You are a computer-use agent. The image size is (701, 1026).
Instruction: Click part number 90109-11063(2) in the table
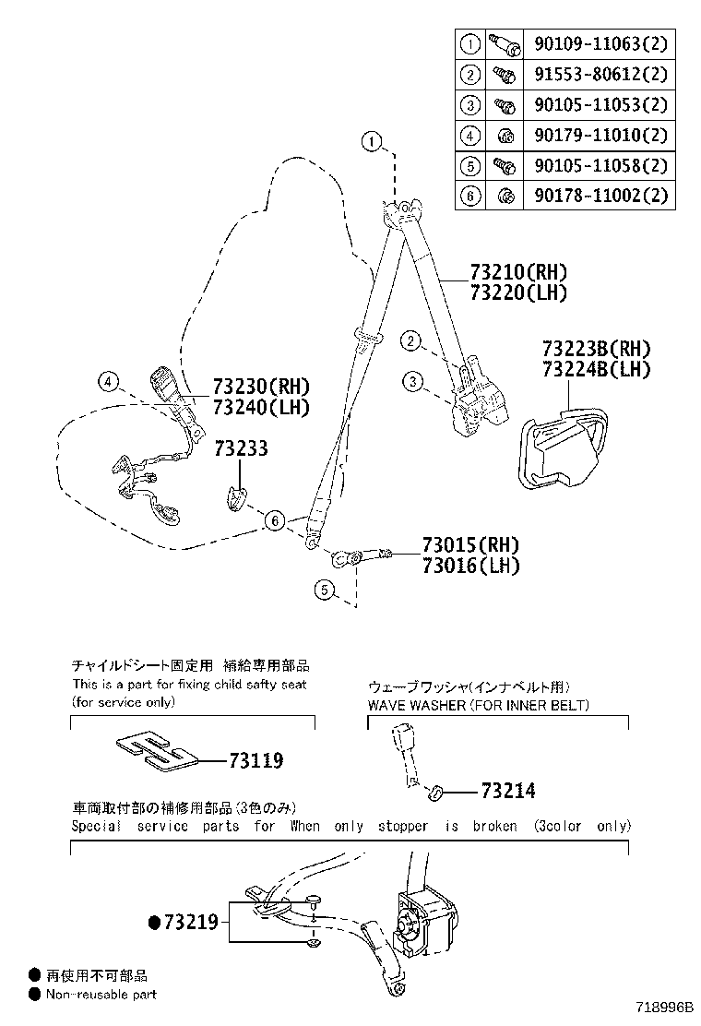(x=600, y=43)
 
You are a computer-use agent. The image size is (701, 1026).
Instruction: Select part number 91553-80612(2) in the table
(x=600, y=74)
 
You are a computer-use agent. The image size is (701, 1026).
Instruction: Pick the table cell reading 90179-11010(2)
(x=600, y=135)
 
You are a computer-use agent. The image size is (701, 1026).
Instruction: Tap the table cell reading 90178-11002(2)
(x=600, y=196)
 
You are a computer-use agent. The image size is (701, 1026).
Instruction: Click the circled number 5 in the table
(x=470, y=165)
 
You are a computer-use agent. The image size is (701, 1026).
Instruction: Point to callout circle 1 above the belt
(x=371, y=142)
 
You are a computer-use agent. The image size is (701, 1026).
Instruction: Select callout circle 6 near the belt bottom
(x=274, y=522)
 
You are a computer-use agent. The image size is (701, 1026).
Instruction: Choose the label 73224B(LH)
(x=596, y=369)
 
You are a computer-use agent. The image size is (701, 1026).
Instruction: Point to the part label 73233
(x=241, y=448)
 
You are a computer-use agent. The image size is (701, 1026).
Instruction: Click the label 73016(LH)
(x=470, y=566)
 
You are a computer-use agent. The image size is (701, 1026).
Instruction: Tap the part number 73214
(x=507, y=791)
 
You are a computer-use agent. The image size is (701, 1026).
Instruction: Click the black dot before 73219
(x=155, y=922)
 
